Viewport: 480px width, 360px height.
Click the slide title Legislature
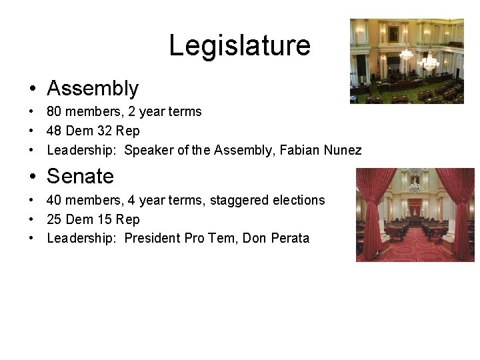pyautogui.click(x=239, y=45)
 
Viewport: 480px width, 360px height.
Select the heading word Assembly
pyautogui.click(x=93, y=88)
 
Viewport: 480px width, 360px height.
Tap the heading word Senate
pyautogui.click(x=80, y=176)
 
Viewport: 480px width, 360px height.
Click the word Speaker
pyautogui.click(x=147, y=150)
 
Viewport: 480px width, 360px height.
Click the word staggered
pyautogui.click(x=236, y=200)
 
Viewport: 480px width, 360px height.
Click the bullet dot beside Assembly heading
pyautogui.click(x=32, y=89)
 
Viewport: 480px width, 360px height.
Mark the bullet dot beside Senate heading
pyautogui.click(x=32, y=177)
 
